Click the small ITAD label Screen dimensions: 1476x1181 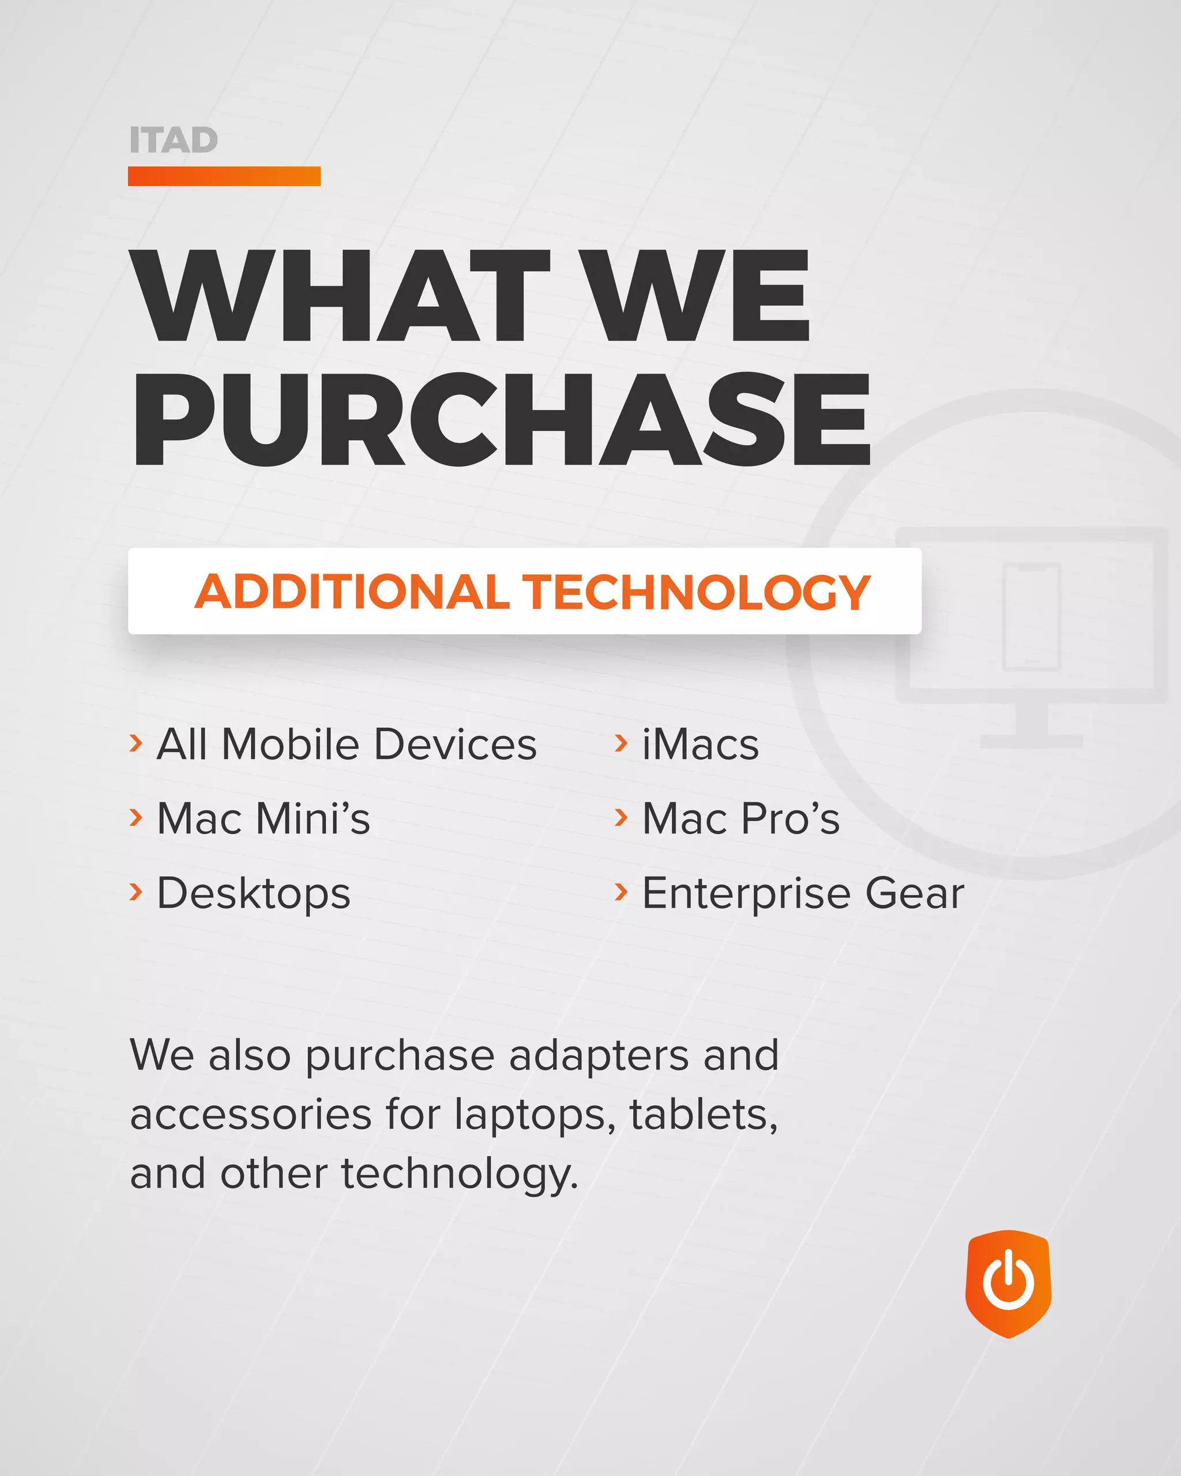point(173,140)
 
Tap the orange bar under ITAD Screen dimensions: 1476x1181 point(224,176)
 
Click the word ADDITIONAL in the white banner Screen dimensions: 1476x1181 point(352,592)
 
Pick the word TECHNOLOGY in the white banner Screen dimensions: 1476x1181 point(695,592)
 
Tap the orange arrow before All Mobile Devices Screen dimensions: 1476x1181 point(136,742)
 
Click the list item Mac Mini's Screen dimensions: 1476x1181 point(263,818)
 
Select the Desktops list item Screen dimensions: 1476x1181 point(253,894)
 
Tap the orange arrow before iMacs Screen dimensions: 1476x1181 point(621,742)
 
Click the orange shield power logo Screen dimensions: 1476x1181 point(1008,1283)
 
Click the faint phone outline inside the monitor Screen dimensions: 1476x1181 point(1031,616)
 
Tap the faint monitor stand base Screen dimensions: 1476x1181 point(1031,741)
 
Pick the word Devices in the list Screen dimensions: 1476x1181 point(456,744)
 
